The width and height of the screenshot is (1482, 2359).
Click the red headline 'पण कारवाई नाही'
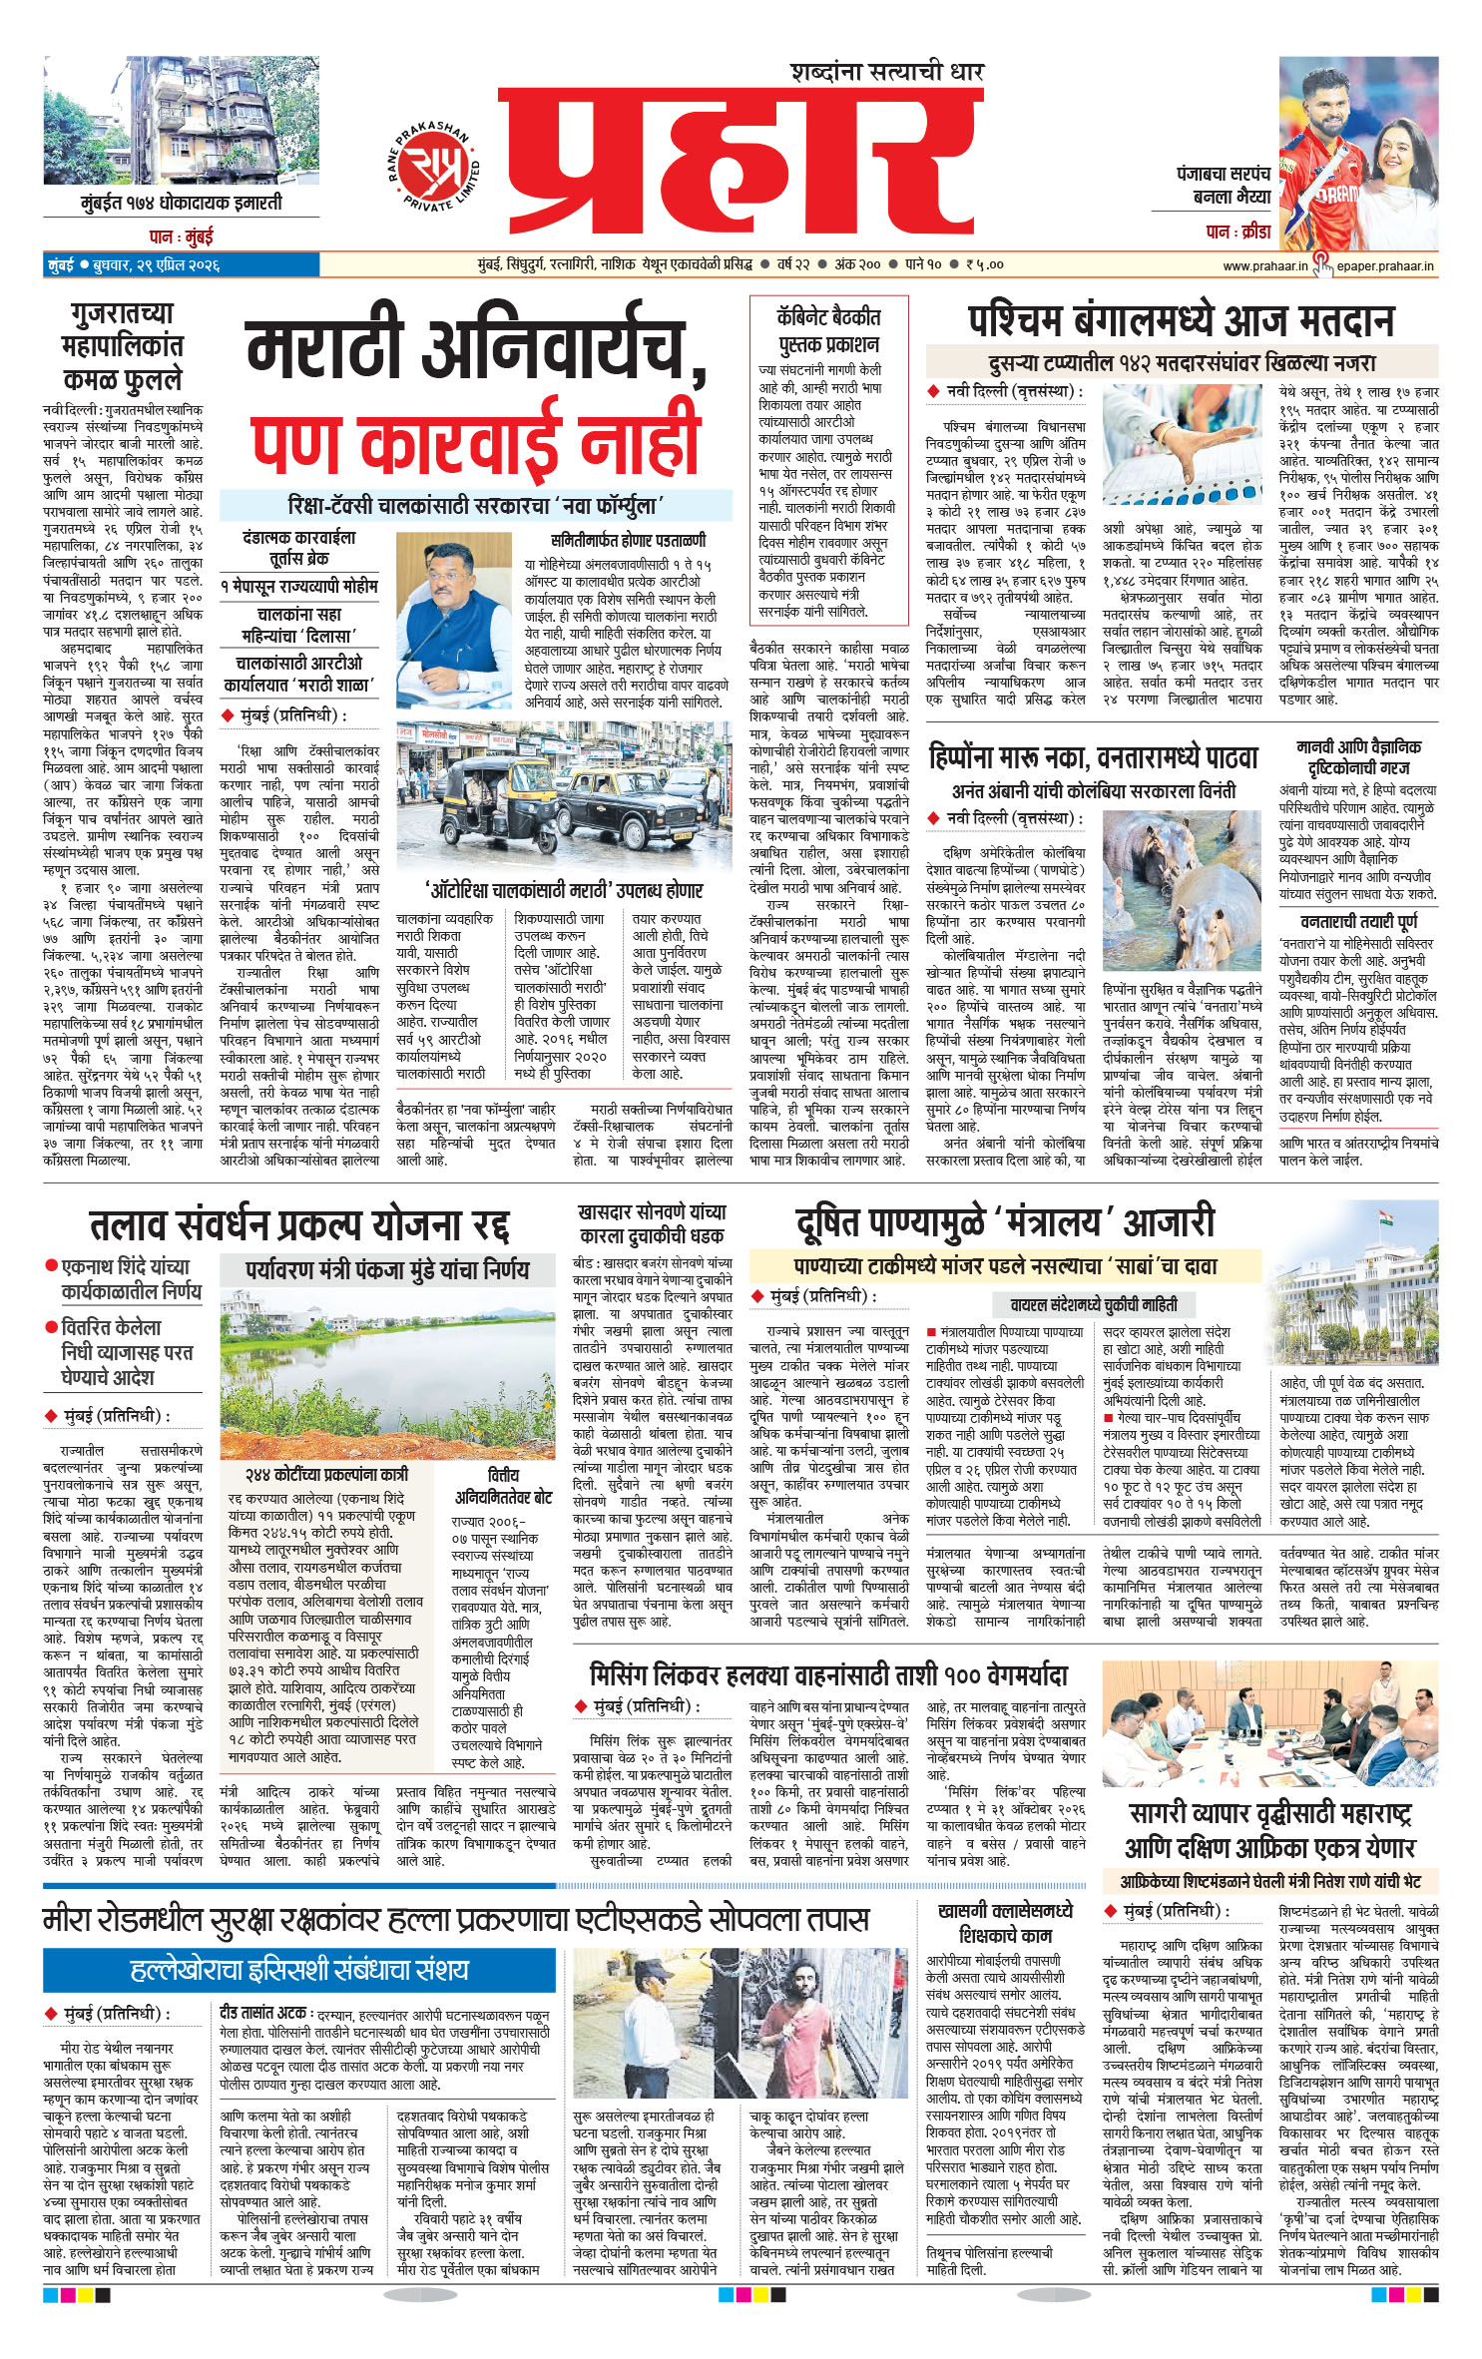point(476,440)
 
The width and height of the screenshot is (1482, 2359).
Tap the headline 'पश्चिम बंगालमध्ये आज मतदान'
point(1181,321)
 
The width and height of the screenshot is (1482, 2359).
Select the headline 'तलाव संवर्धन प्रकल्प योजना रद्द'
point(298,1224)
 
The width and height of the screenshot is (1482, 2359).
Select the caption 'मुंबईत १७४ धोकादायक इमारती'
point(182,203)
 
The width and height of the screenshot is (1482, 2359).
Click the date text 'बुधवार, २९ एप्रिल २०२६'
point(156,266)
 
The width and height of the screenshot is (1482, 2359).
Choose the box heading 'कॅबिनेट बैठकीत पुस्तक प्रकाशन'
point(827,330)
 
